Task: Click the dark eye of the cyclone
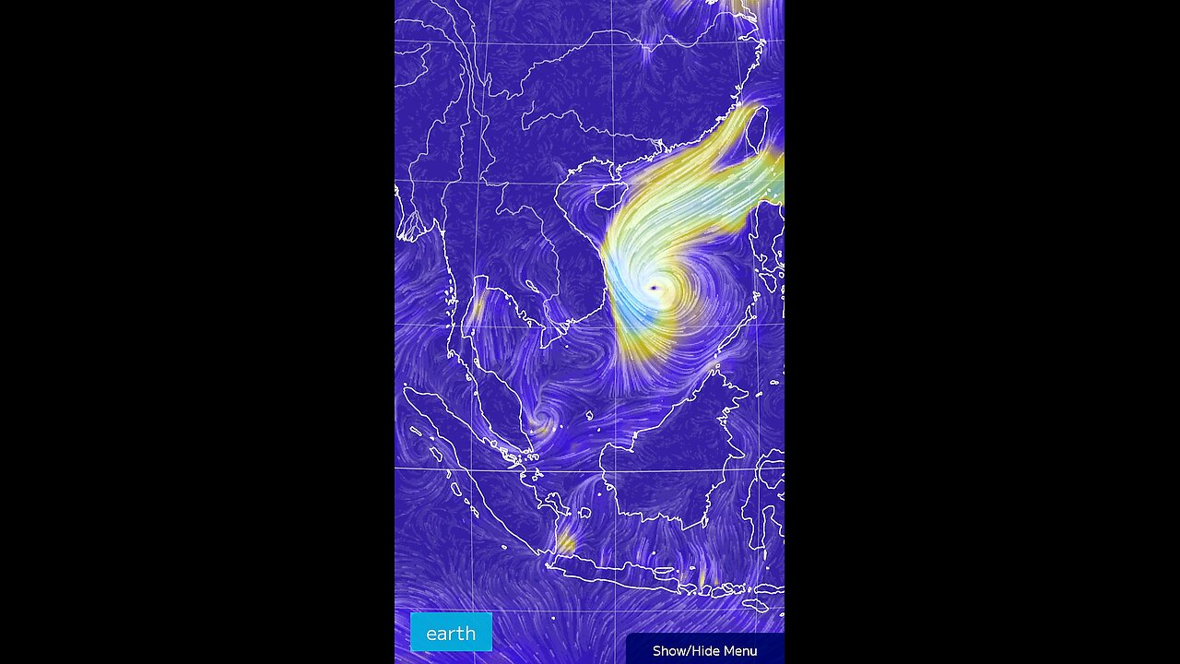click(x=655, y=288)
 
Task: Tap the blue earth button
click(x=451, y=632)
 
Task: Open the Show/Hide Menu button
click(x=704, y=650)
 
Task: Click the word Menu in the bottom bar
click(x=739, y=650)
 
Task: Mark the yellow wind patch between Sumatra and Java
click(x=566, y=544)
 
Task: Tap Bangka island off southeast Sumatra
click(x=556, y=504)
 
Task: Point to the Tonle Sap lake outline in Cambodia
click(x=533, y=287)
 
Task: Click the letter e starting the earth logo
click(x=431, y=634)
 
